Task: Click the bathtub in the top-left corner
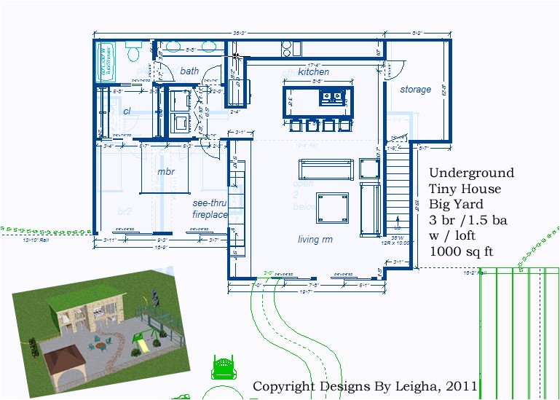pos(106,61)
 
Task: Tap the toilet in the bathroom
pos(133,52)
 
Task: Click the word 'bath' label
pos(189,71)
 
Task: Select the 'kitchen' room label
pos(313,72)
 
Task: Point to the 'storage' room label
pos(415,90)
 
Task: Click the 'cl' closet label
pos(127,111)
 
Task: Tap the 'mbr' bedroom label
pos(167,172)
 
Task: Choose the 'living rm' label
pos(315,239)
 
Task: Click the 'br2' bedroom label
pos(124,211)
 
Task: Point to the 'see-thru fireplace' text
pos(210,209)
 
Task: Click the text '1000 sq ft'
pos(462,251)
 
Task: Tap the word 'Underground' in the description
pos(471,173)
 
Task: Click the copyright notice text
pos(364,385)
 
